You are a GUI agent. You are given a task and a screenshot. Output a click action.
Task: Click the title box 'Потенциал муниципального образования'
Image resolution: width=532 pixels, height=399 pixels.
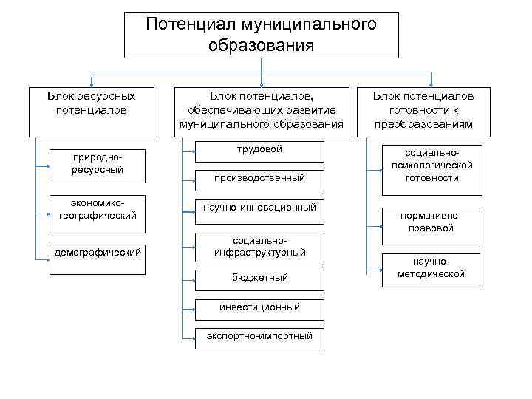click(x=261, y=35)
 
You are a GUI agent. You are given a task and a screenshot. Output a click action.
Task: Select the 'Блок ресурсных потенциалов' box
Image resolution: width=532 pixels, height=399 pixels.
click(x=91, y=112)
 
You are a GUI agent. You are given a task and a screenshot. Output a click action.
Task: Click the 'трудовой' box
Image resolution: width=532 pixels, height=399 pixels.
click(x=259, y=151)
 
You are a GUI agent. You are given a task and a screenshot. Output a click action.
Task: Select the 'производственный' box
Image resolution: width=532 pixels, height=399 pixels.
click(x=259, y=178)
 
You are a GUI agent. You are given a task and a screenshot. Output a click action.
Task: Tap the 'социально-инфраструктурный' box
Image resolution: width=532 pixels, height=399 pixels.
click(x=259, y=248)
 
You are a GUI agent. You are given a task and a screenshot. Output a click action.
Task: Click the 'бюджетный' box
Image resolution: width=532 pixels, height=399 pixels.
click(x=259, y=279)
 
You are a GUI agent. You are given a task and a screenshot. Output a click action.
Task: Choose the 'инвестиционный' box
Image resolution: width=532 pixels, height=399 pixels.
click(x=259, y=307)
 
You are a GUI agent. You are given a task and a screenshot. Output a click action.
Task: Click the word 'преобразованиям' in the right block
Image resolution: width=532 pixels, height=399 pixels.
click(x=423, y=124)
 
